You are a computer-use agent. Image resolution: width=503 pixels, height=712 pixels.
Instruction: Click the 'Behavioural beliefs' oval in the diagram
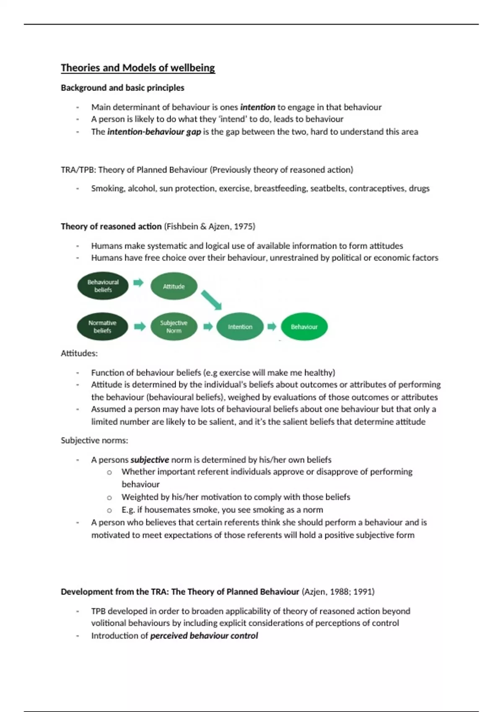tap(103, 286)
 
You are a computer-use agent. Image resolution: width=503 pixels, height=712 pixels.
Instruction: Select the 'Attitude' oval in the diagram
tap(174, 286)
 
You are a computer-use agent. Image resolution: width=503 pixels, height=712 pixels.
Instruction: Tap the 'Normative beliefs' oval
tap(102, 327)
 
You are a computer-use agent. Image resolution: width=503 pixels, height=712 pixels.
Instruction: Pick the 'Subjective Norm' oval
tap(174, 327)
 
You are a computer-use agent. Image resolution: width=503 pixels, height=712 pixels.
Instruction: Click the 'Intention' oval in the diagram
tap(240, 327)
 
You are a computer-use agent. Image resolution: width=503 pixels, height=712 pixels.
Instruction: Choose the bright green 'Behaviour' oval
tap(304, 327)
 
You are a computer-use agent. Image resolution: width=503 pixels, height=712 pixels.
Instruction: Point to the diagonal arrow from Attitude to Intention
tap(211, 300)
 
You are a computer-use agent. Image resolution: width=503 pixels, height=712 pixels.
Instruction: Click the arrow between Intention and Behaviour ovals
tap(272, 326)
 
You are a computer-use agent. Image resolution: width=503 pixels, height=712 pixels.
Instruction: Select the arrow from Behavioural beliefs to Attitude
tap(138, 283)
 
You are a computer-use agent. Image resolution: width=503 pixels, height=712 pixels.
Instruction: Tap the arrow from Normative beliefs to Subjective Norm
tap(140, 326)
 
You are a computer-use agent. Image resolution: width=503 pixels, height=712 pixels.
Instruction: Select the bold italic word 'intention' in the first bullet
tap(257, 107)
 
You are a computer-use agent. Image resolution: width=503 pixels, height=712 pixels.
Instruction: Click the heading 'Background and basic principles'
tap(122, 88)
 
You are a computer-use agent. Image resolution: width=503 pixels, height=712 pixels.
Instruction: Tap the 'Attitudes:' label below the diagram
tap(79, 353)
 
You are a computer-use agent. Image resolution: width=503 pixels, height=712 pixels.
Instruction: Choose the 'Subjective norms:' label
tap(94, 441)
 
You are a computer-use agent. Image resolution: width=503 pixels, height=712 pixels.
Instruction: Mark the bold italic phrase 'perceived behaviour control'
tap(204, 636)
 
